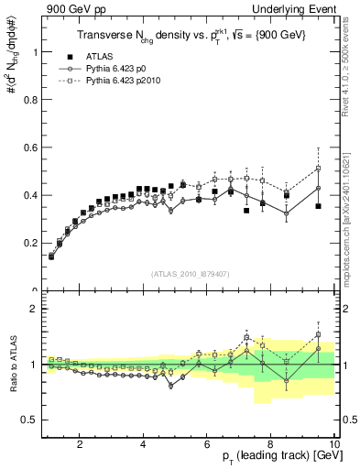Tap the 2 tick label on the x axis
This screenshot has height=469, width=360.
coord(80,445)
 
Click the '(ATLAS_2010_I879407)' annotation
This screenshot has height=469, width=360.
coord(189,274)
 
